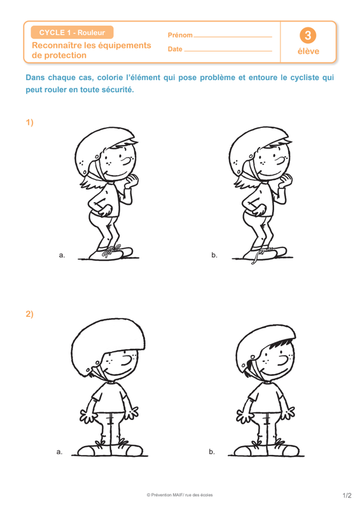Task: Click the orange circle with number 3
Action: click(308, 36)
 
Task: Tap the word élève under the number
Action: click(308, 52)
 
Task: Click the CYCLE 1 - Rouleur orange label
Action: click(72, 32)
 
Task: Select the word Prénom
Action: click(180, 35)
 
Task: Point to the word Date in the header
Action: click(175, 49)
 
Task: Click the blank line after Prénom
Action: click(233, 38)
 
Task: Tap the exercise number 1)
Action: click(29, 122)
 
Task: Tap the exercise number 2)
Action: click(29, 314)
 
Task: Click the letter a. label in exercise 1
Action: click(62, 255)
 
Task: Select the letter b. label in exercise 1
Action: click(214, 255)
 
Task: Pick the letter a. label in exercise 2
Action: click(59, 452)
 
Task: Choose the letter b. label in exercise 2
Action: click(212, 452)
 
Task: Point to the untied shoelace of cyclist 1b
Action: click(256, 256)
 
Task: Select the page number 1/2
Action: click(347, 496)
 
